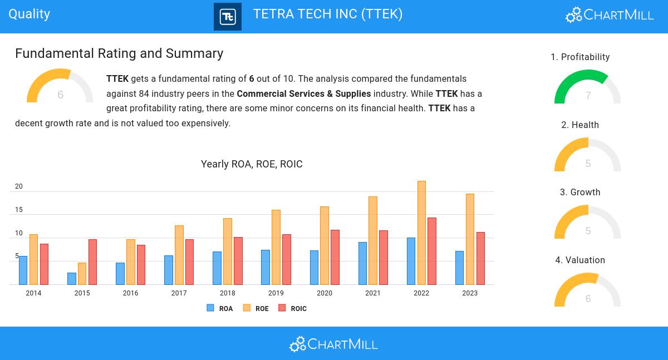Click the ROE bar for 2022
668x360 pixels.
(x=421, y=233)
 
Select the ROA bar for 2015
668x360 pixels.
(x=72, y=278)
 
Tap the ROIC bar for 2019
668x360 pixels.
(x=287, y=259)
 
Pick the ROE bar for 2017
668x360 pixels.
(x=179, y=255)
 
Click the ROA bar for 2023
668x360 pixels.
(x=459, y=268)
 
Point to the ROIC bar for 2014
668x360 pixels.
(x=44, y=264)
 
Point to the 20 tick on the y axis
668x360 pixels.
(x=19, y=186)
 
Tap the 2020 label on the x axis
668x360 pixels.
(x=325, y=293)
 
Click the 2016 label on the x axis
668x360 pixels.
(x=130, y=293)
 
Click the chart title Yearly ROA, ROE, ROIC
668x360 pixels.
(x=252, y=164)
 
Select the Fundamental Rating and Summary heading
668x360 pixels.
(x=119, y=53)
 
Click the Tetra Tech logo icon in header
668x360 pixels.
(x=228, y=17)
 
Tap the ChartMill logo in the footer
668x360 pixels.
(x=333, y=344)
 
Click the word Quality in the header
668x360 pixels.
(x=30, y=14)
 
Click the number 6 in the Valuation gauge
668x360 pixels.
(x=588, y=299)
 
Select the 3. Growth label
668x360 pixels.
(x=580, y=193)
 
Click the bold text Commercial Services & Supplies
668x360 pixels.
(x=303, y=93)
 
